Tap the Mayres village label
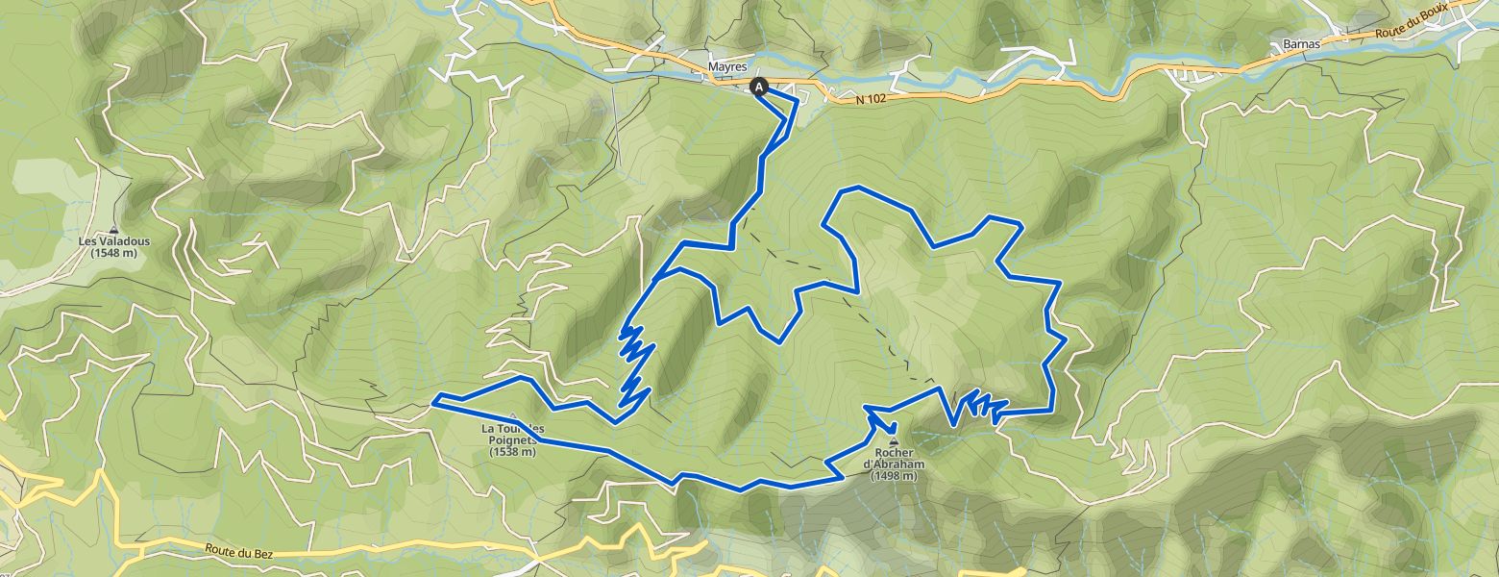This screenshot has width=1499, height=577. pyautogui.click(x=727, y=67)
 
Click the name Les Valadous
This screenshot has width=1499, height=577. pyautogui.click(x=114, y=242)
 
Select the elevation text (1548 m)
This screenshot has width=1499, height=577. pyautogui.click(x=114, y=254)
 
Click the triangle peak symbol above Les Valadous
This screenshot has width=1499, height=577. pyautogui.click(x=114, y=230)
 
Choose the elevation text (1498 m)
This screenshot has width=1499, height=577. pyautogui.click(x=895, y=476)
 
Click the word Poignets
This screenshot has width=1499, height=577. pyautogui.click(x=511, y=439)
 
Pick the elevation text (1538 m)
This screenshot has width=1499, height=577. pyautogui.click(x=511, y=451)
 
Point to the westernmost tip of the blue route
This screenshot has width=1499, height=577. pyautogui.click(x=433, y=400)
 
